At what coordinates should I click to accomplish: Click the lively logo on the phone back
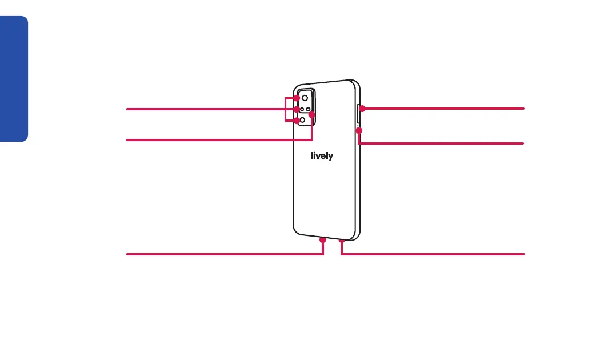pyautogui.click(x=322, y=155)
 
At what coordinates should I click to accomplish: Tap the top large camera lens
pyautogui.click(x=305, y=98)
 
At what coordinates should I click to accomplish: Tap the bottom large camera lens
pyautogui.click(x=303, y=121)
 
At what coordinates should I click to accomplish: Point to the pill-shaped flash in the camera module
pyautogui.click(x=309, y=109)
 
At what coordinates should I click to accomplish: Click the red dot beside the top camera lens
pyautogui.click(x=297, y=98)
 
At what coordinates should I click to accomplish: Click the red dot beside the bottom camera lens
pyautogui.click(x=296, y=121)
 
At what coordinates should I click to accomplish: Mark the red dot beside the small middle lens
pyautogui.click(x=296, y=109)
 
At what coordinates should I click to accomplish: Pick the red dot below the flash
pyautogui.click(x=312, y=115)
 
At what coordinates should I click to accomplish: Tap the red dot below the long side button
pyautogui.click(x=359, y=131)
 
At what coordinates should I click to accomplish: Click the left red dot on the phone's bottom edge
pyautogui.click(x=323, y=240)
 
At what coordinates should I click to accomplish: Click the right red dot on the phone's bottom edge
pyautogui.click(x=342, y=241)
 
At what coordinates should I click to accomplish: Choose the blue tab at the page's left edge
pyautogui.click(x=14, y=79)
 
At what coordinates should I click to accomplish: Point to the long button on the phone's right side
pyautogui.click(x=358, y=114)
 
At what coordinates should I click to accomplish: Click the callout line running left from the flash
pyautogui.click(x=217, y=139)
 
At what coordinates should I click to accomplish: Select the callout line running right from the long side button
pyautogui.click(x=446, y=108)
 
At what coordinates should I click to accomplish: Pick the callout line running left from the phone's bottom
pyautogui.click(x=223, y=254)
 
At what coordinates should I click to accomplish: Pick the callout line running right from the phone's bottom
pyautogui.click(x=434, y=254)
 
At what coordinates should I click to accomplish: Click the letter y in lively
pyautogui.click(x=330, y=157)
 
